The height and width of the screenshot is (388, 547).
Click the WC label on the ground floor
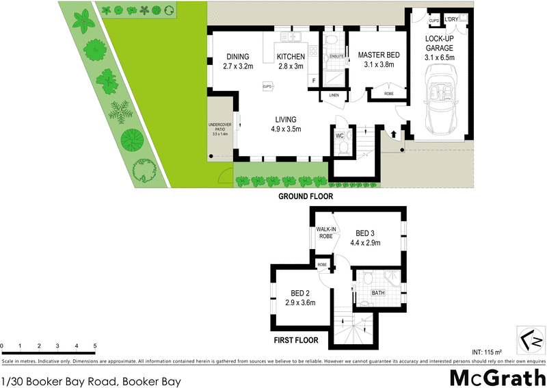coord(339,135)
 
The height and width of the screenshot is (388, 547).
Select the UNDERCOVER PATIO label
coord(221,129)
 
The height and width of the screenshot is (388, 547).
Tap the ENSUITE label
coord(336,56)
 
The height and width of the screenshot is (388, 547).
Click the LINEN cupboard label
coord(334,95)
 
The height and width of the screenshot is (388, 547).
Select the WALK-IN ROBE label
coord(325,232)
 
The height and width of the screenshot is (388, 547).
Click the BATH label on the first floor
coord(377,293)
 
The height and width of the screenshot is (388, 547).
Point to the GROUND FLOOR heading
coord(305,196)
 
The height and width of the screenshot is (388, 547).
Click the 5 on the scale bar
coord(95,346)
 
